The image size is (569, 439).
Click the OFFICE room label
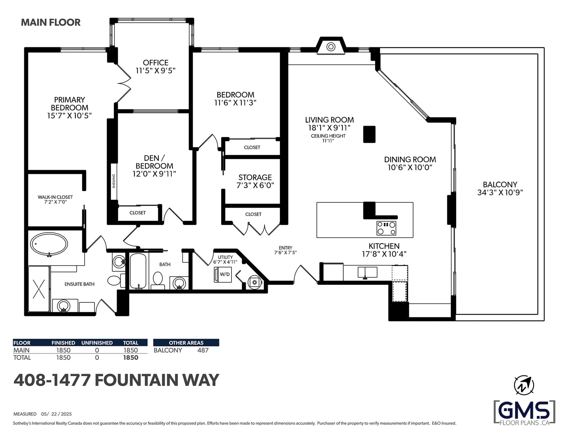155,63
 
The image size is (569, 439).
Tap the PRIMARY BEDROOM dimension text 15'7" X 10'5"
69,115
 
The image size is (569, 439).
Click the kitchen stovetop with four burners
386,228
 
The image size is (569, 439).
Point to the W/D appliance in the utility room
223,274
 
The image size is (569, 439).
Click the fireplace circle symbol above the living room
331,47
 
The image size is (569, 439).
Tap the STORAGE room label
255,177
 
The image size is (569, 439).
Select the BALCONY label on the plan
500,185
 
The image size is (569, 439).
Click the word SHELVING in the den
114,181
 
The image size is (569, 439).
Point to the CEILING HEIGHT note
328,136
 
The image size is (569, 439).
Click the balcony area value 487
203,350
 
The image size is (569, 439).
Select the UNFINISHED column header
97,343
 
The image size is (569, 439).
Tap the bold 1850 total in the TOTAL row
131,357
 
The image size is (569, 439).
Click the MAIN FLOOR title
51,22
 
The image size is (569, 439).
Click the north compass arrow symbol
524,385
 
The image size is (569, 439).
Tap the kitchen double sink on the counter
367,272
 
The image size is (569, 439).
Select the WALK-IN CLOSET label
55,197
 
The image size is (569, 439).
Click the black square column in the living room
369,134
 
